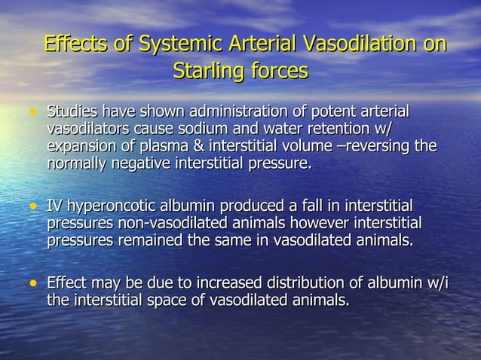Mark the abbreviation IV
(x=55, y=206)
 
